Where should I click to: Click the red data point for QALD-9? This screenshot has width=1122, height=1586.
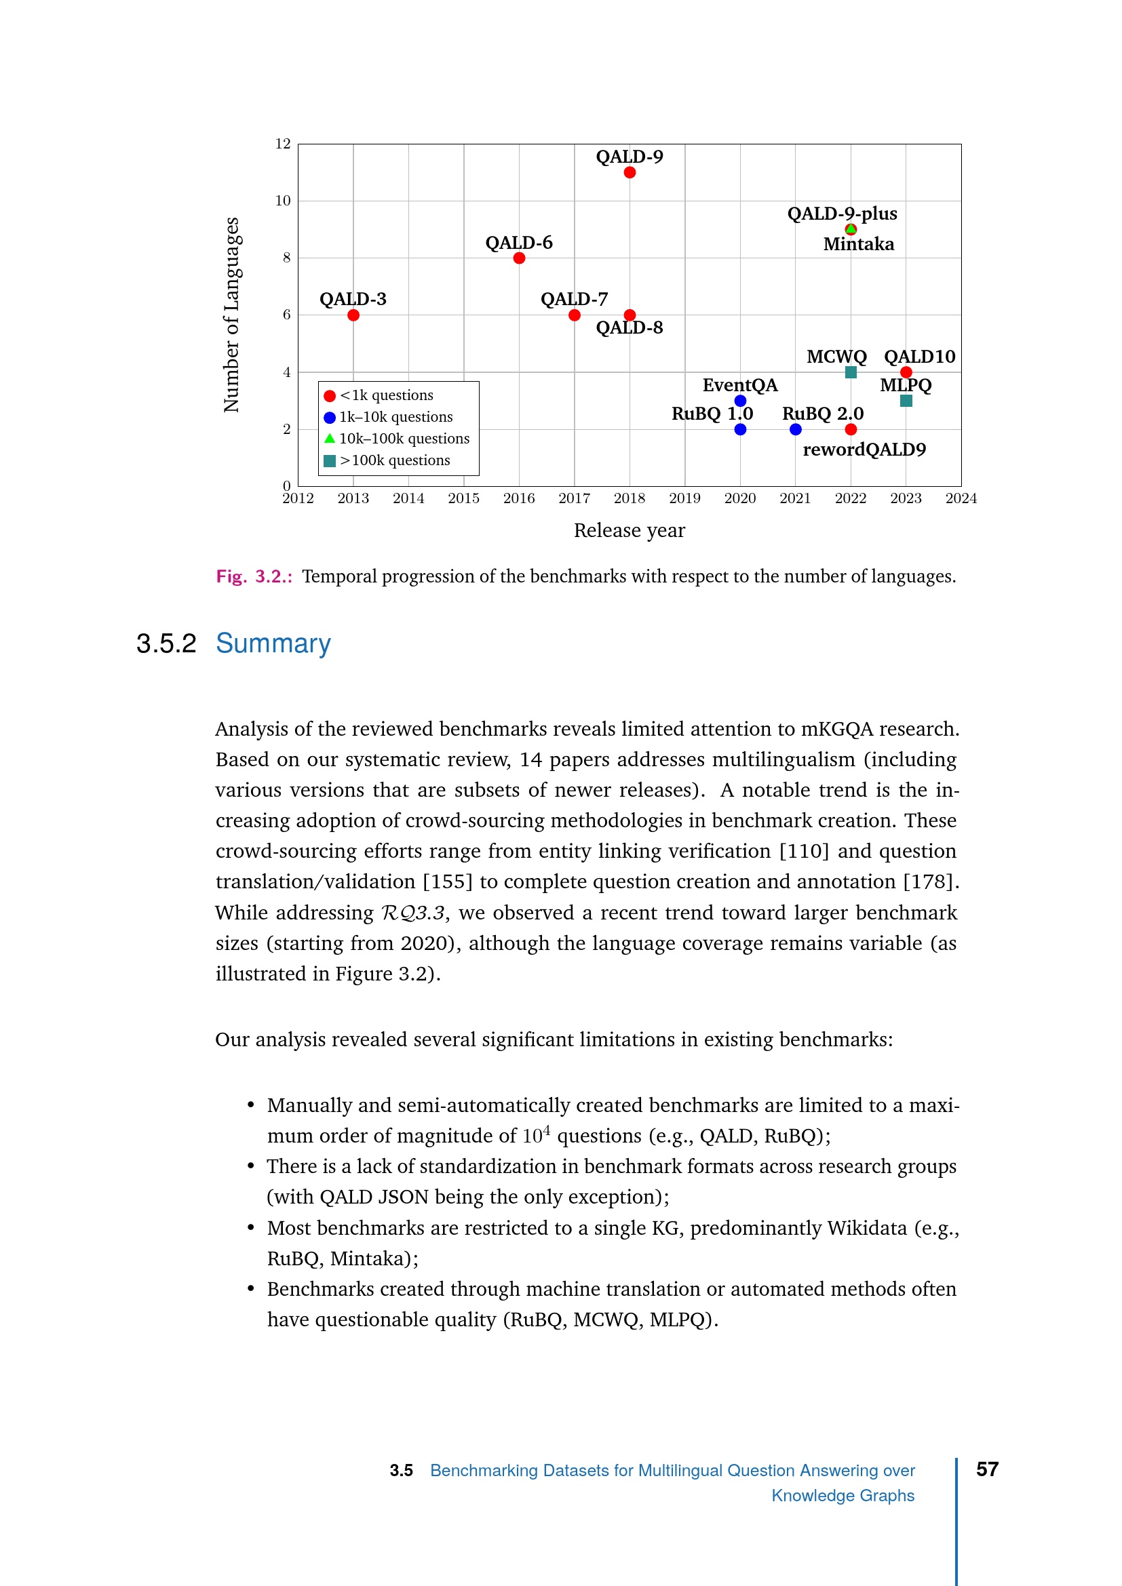click(x=630, y=173)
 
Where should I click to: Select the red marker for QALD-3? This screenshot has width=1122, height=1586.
click(x=353, y=316)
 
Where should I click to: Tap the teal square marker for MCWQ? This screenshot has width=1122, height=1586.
click(x=851, y=372)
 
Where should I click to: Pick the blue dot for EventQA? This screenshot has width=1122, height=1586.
click(x=740, y=401)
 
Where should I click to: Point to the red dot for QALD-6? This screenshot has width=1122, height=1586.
click(x=519, y=258)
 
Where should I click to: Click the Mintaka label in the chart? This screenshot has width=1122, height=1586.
click(x=858, y=245)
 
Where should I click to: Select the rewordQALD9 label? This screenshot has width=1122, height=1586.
click(x=864, y=450)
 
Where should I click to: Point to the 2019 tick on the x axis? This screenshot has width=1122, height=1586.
click(x=684, y=498)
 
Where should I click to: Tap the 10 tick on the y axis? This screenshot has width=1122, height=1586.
click(x=284, y=201)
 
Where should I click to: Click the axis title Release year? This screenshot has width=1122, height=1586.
click(x=630, y=530)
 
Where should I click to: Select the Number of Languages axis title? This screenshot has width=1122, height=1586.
click(x=231, y=315)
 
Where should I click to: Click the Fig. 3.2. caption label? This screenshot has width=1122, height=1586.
click(x=254, y=577)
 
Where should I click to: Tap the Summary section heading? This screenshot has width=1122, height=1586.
click(x=273, y=643)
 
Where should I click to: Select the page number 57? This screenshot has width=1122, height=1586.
click(x=987, y=1470)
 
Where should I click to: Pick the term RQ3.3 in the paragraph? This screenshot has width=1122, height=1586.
click(x=412, y=913)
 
